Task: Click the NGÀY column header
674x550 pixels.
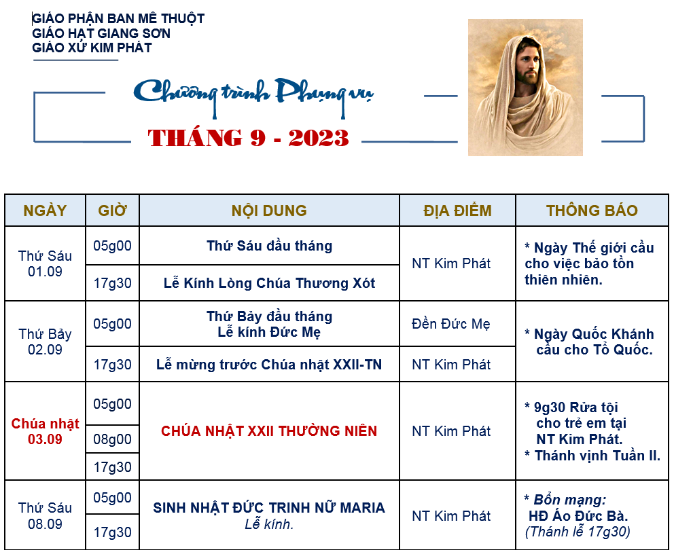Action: pyautogui.click(x=45, y=210)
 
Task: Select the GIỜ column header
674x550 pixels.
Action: pyautogui.click(x=112, y=210)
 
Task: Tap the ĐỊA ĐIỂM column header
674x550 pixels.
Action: pyautogui.click(x=457, y=210)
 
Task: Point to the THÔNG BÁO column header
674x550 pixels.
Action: pyautogui.click(x=592, y=210)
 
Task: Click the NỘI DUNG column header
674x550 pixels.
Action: pyautogui.click(x=269, y=210)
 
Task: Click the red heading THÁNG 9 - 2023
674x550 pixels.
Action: pyautogui.click(x=248, y=138)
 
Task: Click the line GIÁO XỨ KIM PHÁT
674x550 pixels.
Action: pyautogui.click(x=92, y=48)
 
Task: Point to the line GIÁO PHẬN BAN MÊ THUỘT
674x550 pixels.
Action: pyautogui.click(x=118, y=19)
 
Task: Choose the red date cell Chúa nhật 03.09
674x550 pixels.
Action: pyautogui.click(x=45, y=431)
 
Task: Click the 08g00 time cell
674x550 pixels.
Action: pyautogui.click(x=112, y=439)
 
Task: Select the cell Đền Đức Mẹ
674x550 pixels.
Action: pyautogui.click(x=451, y=324)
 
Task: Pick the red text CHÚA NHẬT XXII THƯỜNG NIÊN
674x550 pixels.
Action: pyautogui.click(x=269, y=431)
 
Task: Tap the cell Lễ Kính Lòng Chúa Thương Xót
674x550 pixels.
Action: pyautogui.click(x=269, y=283)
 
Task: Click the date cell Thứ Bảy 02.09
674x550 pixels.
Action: pyautogui.click(x=45, y=342)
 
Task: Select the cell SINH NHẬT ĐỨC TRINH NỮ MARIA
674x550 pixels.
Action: pyautogui.click(x=269, y=507)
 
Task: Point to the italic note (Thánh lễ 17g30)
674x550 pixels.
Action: pyautogui.click(x=578, y=532)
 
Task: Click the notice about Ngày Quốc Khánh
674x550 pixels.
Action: pyautogui.click(x=589, y=342)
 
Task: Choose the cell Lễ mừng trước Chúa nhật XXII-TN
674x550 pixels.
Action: pyautogui.click(x=269, y=365)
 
